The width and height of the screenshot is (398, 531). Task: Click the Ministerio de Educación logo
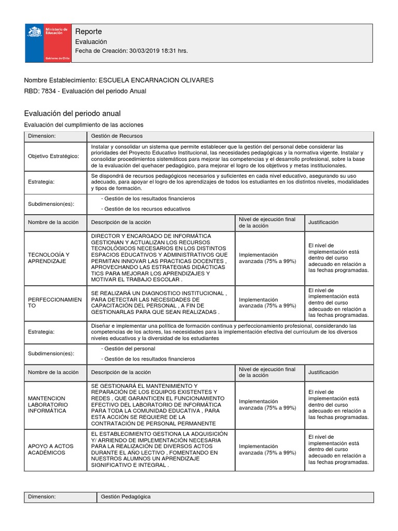(x=48, y=44)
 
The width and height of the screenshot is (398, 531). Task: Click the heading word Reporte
(x=89, y=32)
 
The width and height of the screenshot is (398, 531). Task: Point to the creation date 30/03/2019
(x=145, y=51)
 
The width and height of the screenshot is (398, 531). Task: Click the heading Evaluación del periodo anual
(x=72, y=113)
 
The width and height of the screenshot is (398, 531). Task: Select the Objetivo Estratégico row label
(x=53, y=156)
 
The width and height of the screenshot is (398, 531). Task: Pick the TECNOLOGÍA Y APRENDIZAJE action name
(x=49, y=258)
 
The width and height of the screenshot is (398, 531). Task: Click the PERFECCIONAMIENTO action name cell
(x=54, y=303)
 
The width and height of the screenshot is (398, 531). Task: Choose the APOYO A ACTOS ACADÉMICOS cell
(x=51, y=449)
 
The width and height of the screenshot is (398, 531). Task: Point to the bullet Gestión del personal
(x=130, y=348)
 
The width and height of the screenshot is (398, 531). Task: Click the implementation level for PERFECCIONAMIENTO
(x=267, y=303)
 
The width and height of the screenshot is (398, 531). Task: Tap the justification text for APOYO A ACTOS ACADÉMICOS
(x=338, y=449)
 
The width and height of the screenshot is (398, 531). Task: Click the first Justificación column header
(x=323, y=222)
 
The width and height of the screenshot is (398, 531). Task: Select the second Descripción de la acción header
(x=121, y=372)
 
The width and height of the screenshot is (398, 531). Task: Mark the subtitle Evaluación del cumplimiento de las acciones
(x=84, y=125)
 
